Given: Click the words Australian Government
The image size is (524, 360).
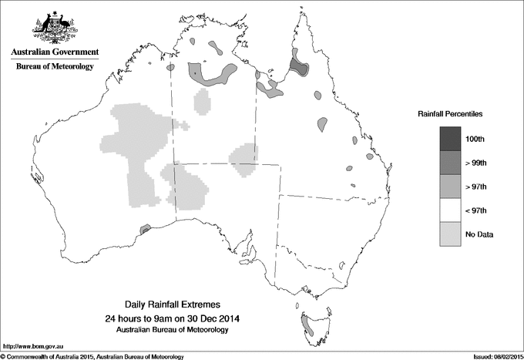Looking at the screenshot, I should click(54, 52).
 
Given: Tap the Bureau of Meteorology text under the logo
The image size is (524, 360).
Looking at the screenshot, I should click(54, 66).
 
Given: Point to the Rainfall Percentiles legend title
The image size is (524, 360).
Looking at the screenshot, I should click(450, 113).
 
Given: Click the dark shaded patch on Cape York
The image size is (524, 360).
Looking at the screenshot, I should click(297, 65).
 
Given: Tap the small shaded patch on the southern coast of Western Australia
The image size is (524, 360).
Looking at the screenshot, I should click(143, 229).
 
